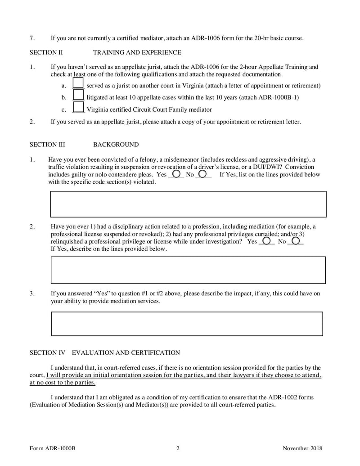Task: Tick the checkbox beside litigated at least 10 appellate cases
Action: tap(78, 95)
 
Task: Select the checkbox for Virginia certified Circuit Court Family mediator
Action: tap(78, 107)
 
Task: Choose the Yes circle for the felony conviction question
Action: tap(176, 173)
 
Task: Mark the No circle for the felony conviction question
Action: tap(202, 173)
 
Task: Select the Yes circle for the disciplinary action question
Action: tap(266, 241)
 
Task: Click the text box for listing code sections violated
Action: tap(188, 204)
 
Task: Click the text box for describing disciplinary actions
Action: tap(188, 270)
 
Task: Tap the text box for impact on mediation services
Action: tap(187, 324)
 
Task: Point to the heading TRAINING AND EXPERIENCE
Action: tap(137, 53)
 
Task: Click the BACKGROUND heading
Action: tap(116, 145)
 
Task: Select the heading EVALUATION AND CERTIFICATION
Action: tap(126, 353)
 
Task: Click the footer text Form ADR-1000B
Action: tap(52, 448)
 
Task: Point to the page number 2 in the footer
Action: tap(178, 448)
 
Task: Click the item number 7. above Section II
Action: tap(32, 38)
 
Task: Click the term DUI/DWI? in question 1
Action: tap(266, 167)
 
